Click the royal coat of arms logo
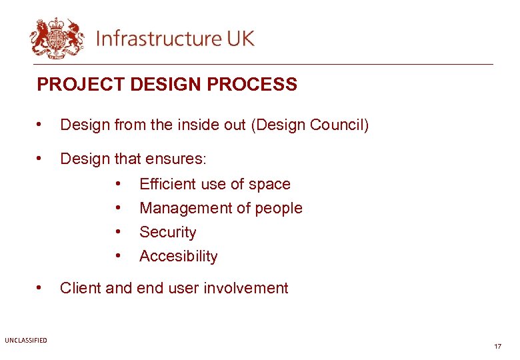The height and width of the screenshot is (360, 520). (57, 38)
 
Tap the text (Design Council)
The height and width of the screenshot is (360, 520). (309, 125)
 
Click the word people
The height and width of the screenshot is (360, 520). (279, 208)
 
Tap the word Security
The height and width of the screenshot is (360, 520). (167, 232)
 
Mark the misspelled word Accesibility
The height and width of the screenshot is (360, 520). (178, 256)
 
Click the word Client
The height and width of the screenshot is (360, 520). (80, 288)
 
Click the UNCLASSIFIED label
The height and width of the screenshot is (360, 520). (25, 341)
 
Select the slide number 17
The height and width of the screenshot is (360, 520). (497, 347)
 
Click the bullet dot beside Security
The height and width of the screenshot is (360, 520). (118, 231)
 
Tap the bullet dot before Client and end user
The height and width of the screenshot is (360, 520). (41, 287)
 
